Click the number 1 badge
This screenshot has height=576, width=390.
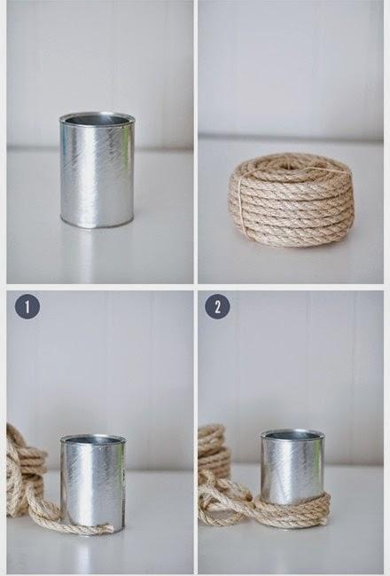pos(27,307)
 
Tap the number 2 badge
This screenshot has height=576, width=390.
pos(217,307)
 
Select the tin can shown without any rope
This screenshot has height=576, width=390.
pos(97,170)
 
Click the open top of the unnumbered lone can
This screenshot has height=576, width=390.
pos(97,119)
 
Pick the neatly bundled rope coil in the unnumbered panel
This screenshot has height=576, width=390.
pos(292,200)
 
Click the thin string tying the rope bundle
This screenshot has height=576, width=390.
pos(243,199)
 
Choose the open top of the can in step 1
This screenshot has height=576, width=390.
pos(93,439)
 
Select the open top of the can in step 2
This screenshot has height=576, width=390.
pos(292,435)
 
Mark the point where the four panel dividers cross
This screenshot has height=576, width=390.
pos(196,287)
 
